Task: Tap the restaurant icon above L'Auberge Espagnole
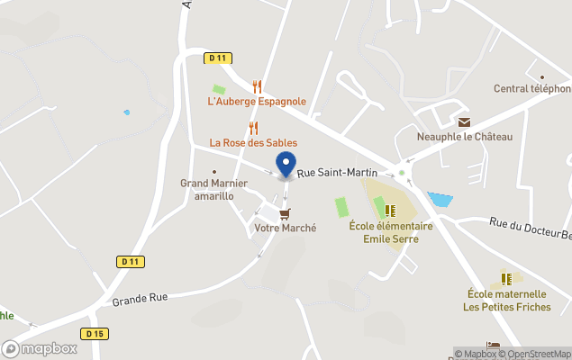[x=258, y=86]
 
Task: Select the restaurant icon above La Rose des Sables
[x=253, y=128]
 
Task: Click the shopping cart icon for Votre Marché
[x=285, y=213]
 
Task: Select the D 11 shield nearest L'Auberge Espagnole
[x=216, y=58]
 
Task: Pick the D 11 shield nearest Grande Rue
[x=131, y=262]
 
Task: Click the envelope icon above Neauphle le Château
[x=464, y=121]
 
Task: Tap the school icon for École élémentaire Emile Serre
[x=390, y=211]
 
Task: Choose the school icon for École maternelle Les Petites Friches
[x=506, y=279]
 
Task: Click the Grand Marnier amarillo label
[x=207, y=189]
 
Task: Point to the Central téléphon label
[x=532, y=88]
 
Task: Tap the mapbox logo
[x=40, y=348]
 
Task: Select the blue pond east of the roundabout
[x=440, y=199]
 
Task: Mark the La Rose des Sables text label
[x=253, y=143]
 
